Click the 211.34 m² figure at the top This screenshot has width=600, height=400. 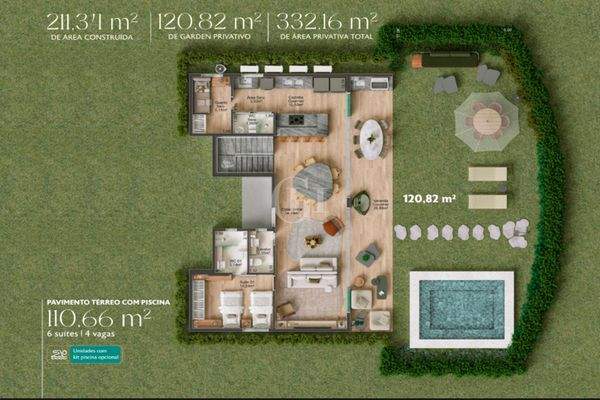click(x=93, y=19)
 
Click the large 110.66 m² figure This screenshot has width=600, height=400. click(x=98, y=320)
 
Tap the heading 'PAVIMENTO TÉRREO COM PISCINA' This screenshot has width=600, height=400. click(x=98, y=300)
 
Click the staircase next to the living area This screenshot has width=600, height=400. click(x=244, y=156)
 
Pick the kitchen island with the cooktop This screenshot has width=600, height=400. click(x=301, y=124)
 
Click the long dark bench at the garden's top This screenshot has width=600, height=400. click(x=443, y=59)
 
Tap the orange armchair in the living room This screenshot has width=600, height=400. click(x=333, y=228)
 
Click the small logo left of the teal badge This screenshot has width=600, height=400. click(x=57, y=354)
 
